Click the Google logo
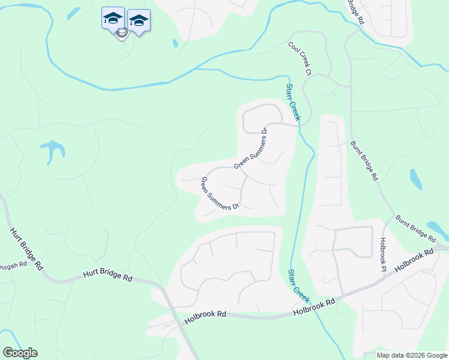coord(20,353)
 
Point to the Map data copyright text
coord(412,355)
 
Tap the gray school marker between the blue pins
coord(121,34)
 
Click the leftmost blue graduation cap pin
coord(113,18)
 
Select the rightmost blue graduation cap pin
coord(139,21)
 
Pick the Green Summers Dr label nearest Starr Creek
coord(250,148)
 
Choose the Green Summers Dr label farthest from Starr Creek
coord(220,193)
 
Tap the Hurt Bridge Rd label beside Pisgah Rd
coord(27,247)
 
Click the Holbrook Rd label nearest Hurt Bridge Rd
coord(205,314)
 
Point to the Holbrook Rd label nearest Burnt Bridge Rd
coord(415,262)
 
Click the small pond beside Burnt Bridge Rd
coord(415,178)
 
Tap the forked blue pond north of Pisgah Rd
coord(53,150)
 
